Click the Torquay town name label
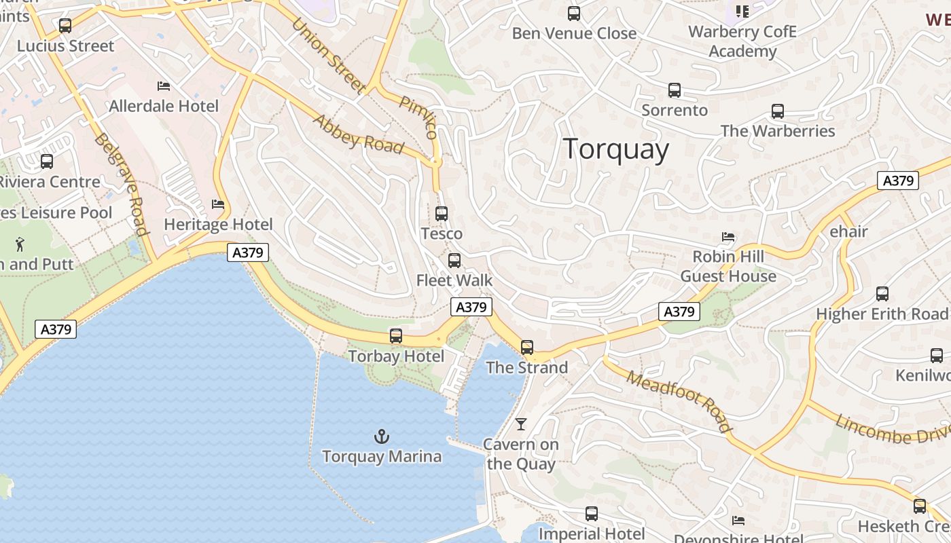(616, 149)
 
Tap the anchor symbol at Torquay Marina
(382, 436)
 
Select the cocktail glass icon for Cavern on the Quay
(521, 424)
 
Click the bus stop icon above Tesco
(442, 213)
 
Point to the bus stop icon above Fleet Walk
(454, 260)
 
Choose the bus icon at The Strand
(527, 348)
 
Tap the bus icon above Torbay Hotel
(395, 335)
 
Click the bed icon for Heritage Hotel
(218, 204)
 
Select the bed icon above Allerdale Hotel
(164, 86)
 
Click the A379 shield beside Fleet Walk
(471, 307)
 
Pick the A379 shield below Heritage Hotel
(248, 252)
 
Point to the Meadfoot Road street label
(679, 400)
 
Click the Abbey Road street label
(358, 134)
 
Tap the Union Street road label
(329, 55)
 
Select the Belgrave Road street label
(122, 184)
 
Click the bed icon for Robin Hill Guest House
(728, 237)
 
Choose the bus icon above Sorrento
(675, 90)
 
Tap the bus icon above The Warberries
(778, 111)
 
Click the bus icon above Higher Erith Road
(882, 293)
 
